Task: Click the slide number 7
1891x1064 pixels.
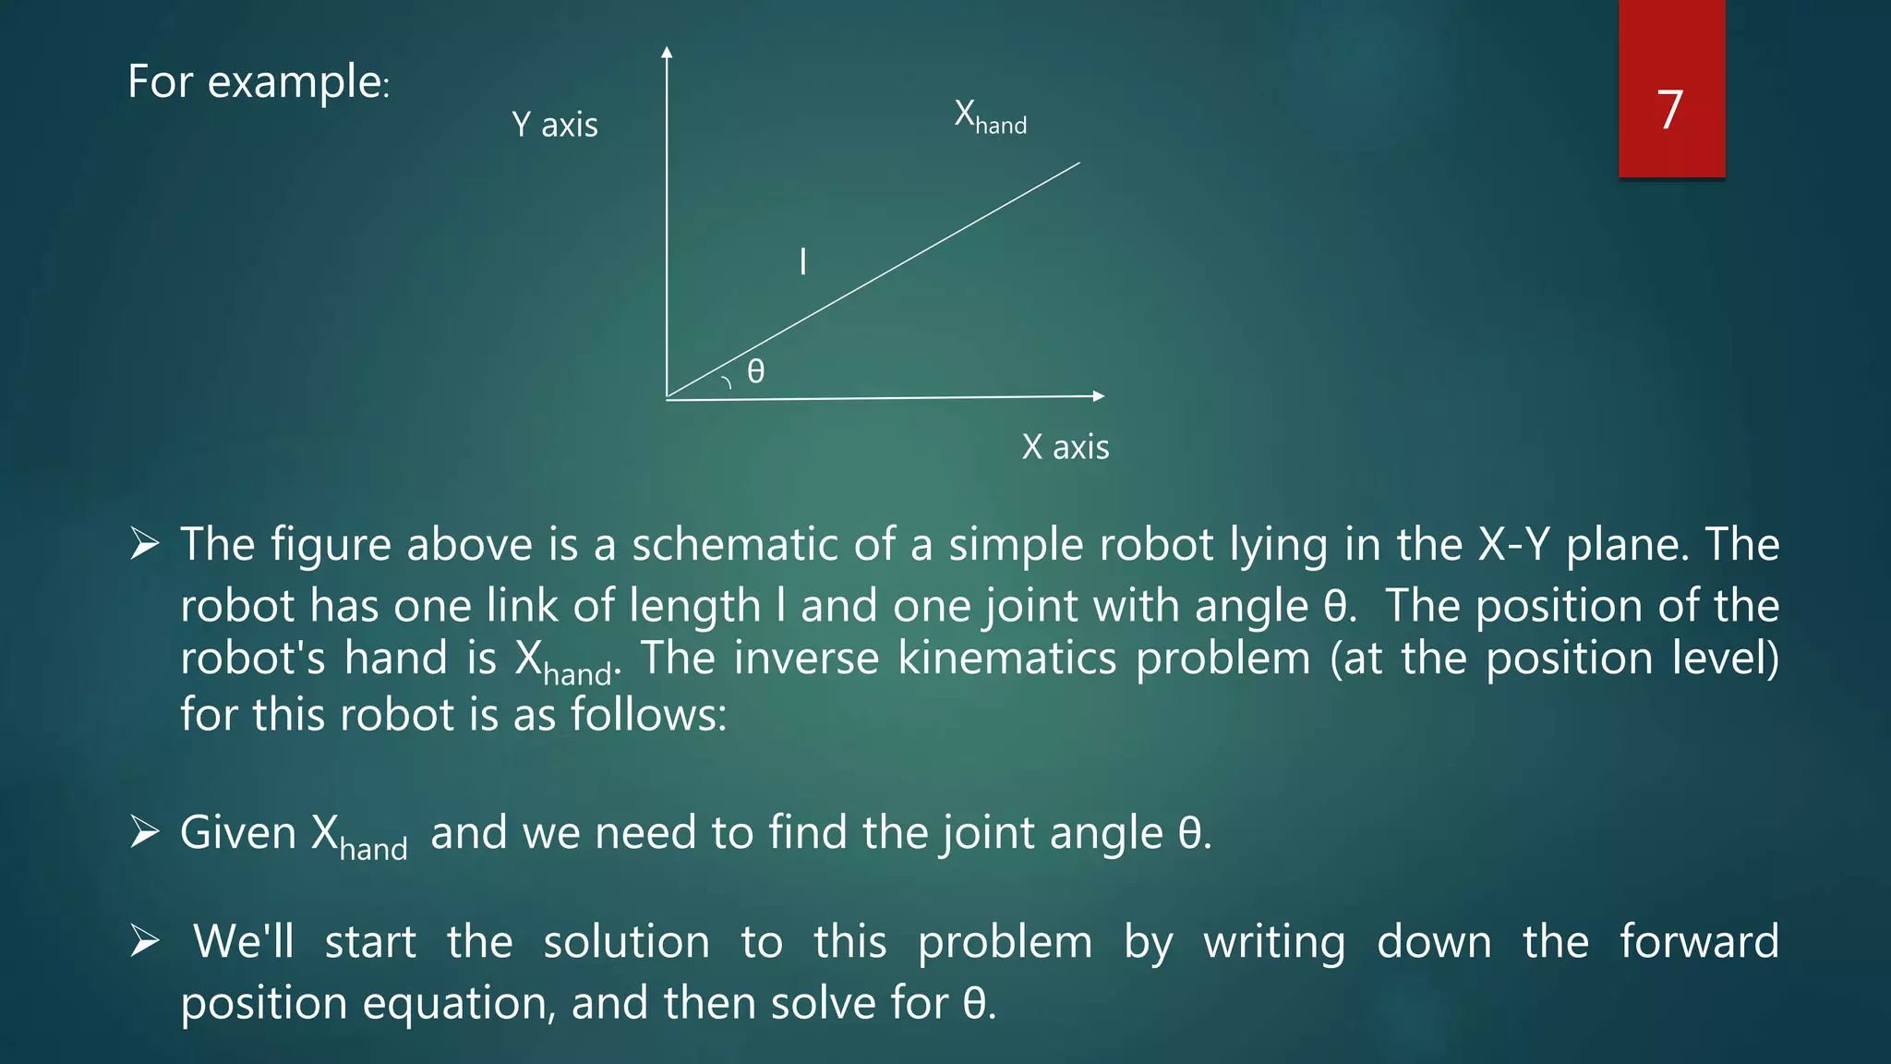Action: (x=1669, y=110)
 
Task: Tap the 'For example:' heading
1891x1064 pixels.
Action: (x=259, y=82)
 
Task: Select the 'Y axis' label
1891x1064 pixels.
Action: (x=555, y=125)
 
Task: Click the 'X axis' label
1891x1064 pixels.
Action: (x=1066, y=447)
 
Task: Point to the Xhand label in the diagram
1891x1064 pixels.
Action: (x=990, y=117)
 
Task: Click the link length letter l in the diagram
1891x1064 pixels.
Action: (x=802, y=261)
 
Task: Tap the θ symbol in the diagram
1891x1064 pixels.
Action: (x=755, y=371)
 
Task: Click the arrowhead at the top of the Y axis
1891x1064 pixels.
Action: (x=667, y=52)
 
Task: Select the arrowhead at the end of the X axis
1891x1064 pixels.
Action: (x=1098, y=396)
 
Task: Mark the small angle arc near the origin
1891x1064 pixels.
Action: (x=727, y=381)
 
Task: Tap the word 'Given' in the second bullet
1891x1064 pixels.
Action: (x=238, y=833)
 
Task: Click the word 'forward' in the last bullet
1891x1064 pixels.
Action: (x=1699, y=942)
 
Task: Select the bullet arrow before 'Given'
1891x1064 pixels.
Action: (x=145, y=832)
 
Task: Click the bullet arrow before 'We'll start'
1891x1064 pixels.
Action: (x=145, y=941)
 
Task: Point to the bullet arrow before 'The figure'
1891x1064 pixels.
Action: (x=145, y=544)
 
